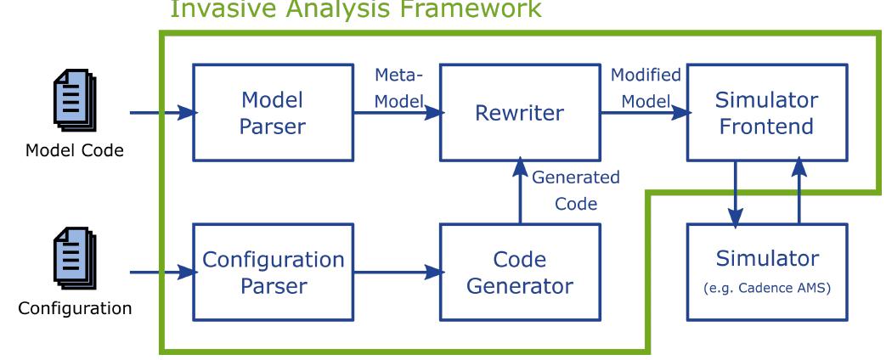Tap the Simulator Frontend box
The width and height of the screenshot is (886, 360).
point(766,112)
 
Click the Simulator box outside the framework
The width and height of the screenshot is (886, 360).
point(766,272)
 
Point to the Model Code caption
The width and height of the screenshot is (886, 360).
point(76,150)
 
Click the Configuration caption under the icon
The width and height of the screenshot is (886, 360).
point(76,308)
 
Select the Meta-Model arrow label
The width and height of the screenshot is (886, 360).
point(399,88)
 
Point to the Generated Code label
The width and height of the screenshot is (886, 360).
point(575,191)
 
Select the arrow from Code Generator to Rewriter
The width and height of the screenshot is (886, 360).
point(520,193)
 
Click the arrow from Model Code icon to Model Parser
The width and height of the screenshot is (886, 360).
point(161,112)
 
